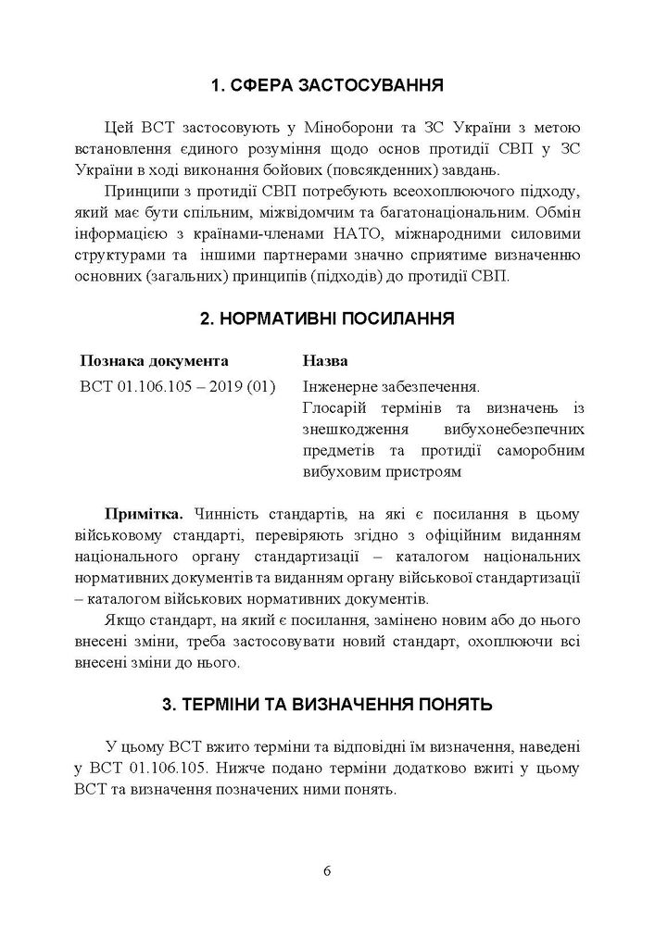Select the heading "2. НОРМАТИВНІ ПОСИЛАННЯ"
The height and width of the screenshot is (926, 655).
tap(327, 319)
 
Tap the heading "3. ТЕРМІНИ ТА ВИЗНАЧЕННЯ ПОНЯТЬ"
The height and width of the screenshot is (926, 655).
tap(327, 705)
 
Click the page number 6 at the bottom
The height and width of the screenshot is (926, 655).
tap(327, 870)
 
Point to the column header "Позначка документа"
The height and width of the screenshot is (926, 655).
tap(155, 360)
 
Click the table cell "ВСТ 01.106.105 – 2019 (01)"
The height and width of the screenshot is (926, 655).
tap(178, 386)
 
